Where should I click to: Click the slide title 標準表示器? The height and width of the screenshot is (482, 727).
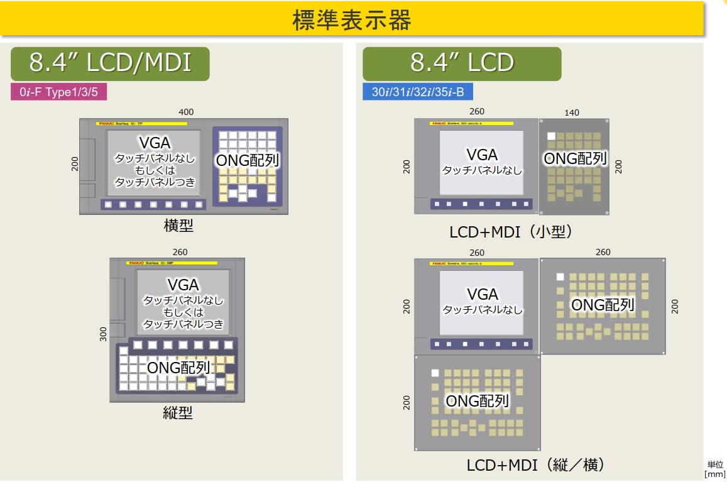point(351,19)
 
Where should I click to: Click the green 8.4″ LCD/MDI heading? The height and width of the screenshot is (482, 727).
point(110,63)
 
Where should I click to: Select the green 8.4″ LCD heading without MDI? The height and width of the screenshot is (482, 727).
point(462,63)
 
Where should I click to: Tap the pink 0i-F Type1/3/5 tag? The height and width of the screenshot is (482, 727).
point(58,92)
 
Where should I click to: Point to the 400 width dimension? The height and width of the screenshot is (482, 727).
point(186,112)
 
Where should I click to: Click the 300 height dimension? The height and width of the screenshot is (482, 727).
point(103,334)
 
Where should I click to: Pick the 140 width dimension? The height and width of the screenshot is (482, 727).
point(572,112)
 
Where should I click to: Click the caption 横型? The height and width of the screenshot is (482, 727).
point(178,226)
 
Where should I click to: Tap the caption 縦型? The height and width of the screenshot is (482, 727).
point(177,412)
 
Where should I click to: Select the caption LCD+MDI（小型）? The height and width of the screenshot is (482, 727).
point(511,232)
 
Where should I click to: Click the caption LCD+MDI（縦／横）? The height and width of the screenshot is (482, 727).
point(535,465)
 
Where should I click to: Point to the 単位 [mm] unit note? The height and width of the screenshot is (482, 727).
point(715,468)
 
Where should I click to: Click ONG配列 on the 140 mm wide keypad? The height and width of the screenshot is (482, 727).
point(575,158)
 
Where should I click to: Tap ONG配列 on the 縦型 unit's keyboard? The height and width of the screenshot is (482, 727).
point(178,367)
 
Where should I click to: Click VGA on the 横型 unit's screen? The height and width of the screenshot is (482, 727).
point(155,143)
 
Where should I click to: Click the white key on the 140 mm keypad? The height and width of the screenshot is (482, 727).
point(551,136)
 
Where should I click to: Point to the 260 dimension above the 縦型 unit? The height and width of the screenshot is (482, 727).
point(180,252)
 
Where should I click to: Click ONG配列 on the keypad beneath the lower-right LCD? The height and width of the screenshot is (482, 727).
point(477,400)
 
